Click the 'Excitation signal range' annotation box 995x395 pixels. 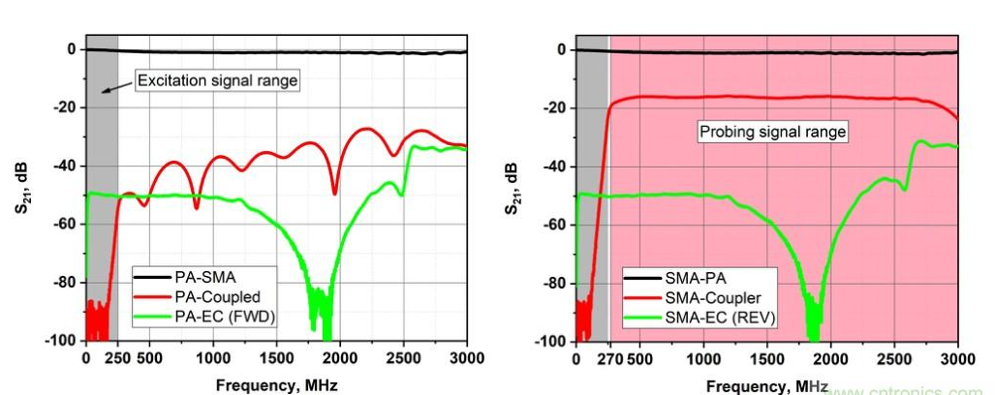pos(216,80)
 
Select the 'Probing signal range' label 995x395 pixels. pos(773,131)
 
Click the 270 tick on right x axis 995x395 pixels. pos(608,358)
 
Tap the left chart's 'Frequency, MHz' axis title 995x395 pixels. pos(276,384)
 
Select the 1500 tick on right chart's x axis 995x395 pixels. pos(767,358)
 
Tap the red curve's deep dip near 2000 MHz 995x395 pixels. pos(335,192)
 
